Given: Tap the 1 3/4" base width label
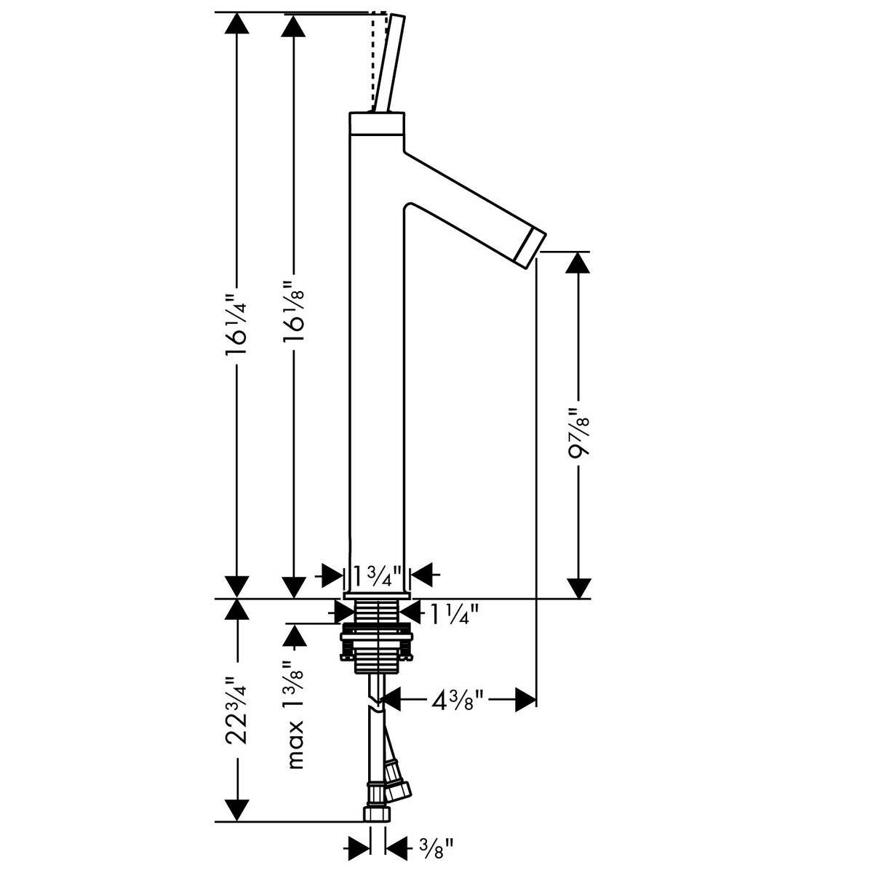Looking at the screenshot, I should pos(377,576).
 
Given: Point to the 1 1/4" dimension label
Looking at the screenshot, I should pos(453,615).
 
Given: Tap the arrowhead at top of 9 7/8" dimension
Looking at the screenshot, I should pos(578,263).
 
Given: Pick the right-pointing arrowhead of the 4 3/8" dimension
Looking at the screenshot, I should pos(525,701).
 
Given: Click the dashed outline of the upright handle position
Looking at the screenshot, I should pos(375,58).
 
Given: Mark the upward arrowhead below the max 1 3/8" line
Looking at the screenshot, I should pos(295,638).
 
